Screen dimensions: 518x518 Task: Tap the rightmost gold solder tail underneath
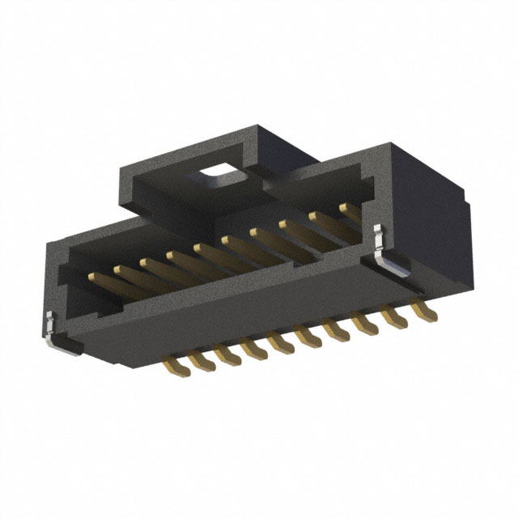(x=422, y=308)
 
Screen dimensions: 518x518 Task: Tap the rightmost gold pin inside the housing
(x=350, y=210)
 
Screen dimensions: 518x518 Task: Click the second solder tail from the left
(x=199, y=359)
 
